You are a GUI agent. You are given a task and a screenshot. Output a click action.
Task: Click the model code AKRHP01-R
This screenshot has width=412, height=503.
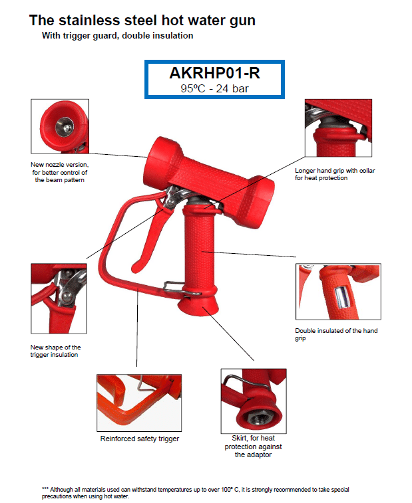(214, 73)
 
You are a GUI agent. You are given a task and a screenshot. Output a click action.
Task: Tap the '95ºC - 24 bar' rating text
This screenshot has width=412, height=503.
(214, 88)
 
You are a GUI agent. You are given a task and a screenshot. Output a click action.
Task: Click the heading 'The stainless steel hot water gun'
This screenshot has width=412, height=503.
(142, 20)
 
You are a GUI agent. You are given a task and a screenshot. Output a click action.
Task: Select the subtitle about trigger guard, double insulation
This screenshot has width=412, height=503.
(117, 35)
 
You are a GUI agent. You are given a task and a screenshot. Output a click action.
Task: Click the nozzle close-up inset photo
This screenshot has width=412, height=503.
(60, 126)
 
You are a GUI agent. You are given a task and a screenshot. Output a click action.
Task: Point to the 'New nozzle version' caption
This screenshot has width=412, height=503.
(59, 172)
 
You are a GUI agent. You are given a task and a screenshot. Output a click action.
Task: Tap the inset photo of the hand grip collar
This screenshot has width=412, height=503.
(338, 128)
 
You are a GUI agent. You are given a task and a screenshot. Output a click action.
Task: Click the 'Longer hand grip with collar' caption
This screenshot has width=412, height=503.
(335, 174)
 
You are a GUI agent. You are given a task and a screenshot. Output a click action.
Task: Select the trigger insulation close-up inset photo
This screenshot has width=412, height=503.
(59, 298)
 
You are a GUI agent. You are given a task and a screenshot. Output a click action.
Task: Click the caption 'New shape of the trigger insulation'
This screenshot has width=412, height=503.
(55, 351)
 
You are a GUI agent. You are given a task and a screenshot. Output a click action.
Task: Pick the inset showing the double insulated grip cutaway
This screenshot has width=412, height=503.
(338, 292)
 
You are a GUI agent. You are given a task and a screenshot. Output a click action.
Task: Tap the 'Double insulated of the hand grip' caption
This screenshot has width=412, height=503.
(336, 334)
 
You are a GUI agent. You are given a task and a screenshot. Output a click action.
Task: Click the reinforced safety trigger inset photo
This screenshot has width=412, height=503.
(139, 403)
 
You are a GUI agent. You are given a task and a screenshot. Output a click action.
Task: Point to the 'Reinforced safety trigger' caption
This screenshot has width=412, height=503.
(140, 439)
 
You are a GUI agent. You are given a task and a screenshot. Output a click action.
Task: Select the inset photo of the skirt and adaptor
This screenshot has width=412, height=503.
(254, 401)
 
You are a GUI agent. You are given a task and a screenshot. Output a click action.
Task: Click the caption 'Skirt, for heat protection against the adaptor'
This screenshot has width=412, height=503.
(253, 447)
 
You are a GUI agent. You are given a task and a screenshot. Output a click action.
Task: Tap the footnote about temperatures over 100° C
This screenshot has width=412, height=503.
(196, 493)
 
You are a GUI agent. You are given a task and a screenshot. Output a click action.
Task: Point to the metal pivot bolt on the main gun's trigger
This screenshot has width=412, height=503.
(171, 201)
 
